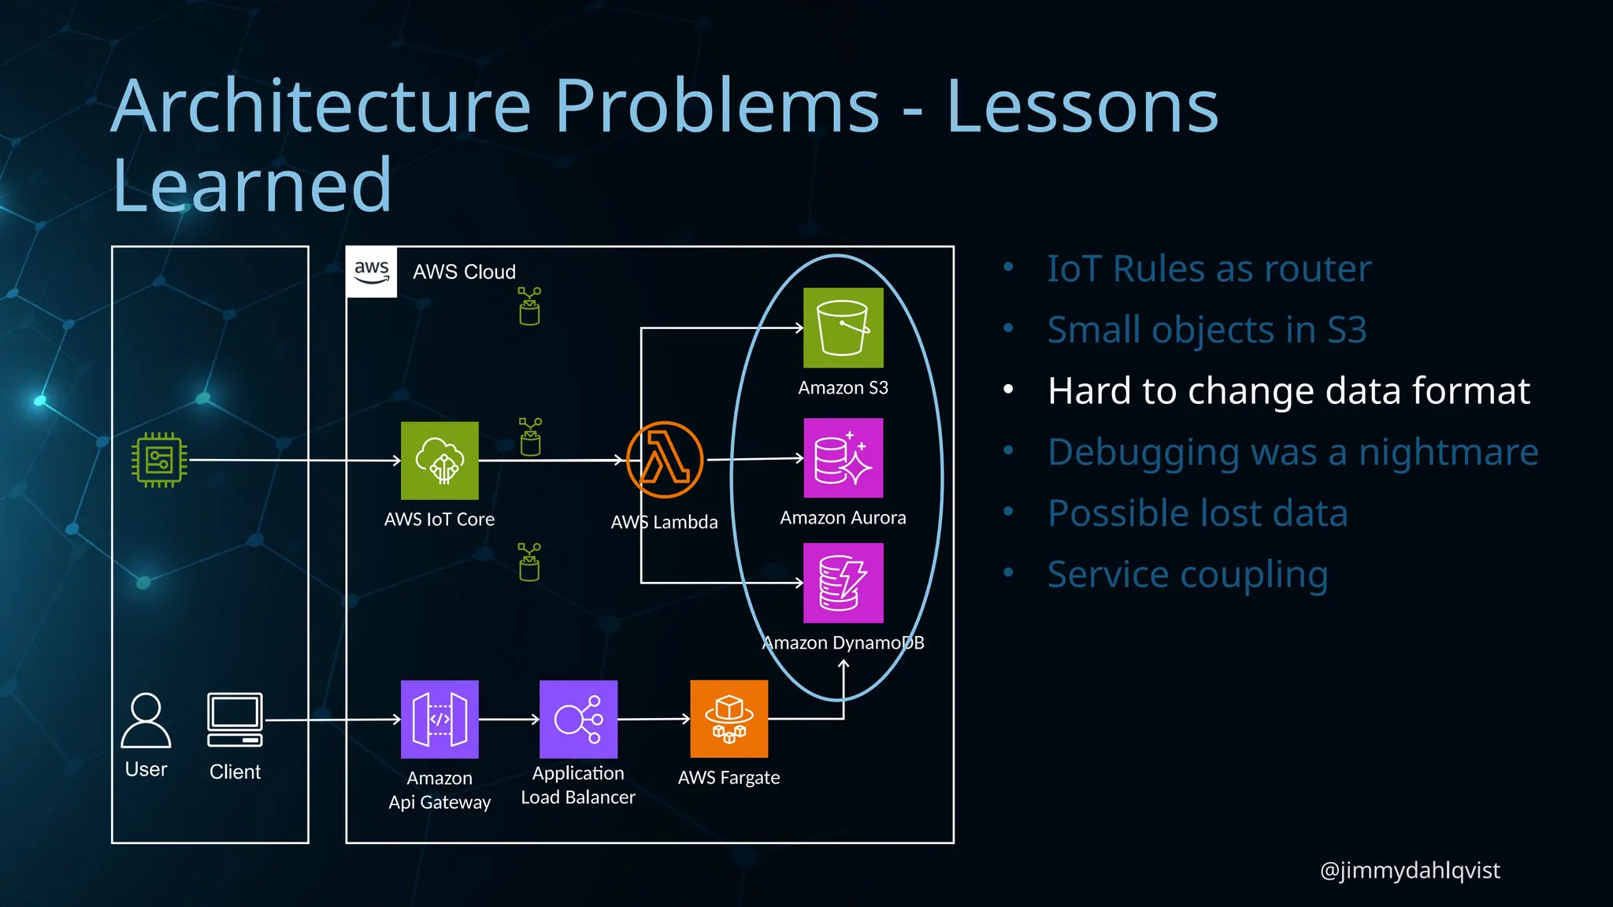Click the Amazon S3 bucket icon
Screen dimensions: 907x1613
[x=843, y=328]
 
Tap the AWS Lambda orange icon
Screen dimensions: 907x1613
[x=664, y=460]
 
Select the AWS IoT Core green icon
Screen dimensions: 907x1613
[x=439, y=461]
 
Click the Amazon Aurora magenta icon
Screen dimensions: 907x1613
[x=843, y=458]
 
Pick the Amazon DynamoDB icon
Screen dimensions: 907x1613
[x=843, y=583]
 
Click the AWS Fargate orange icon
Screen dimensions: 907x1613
[x=729, y=719]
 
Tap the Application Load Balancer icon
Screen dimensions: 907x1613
[x=578, y=719]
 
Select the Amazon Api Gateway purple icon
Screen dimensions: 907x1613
[x=439, y=719]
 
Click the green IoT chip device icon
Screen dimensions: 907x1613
[x=159, y=460]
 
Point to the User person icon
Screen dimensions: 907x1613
[x=146, y=720]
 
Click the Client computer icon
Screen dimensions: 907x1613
[x=235, y=720]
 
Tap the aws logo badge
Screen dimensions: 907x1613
[x=372, y=272]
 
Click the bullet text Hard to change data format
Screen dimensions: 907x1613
[x=1289, y=391]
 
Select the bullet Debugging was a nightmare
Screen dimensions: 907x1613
[x=1292, y=452]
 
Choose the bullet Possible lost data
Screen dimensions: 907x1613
[x=1197, y=513]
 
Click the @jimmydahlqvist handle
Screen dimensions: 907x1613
[x=1409, y=870]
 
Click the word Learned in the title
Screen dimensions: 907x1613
[x=252, y=186]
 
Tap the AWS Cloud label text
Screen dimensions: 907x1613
[x=464, y=272]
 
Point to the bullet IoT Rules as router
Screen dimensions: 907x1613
[x=1209, y=269]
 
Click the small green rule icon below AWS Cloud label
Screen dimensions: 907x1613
[x=529, y=306]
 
